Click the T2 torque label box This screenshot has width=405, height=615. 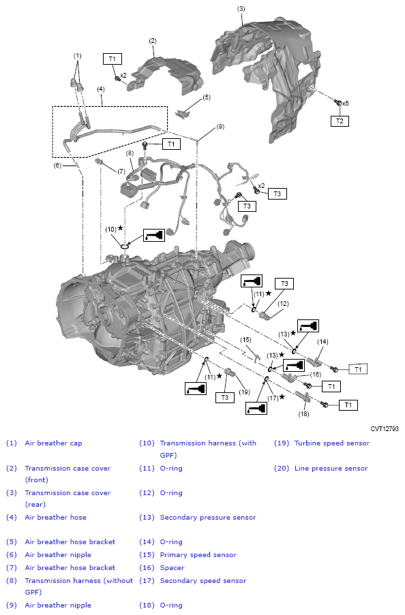tap(339, 121)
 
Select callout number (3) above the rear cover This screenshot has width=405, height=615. tap(241, 9)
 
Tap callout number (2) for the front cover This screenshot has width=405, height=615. tap(153, 41)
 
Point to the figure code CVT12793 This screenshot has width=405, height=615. tap(385, 429)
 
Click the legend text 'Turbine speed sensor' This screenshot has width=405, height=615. tap(331, 443)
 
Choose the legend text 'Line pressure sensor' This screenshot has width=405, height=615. tap(331, 469)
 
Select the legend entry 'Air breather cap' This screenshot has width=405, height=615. tap(53, 443)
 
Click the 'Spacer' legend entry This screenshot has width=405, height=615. tap(172, 567)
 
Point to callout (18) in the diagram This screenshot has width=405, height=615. tap(304, 413)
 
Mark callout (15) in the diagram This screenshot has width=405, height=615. tap(246, 339)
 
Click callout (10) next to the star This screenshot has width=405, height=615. tap(110, 229)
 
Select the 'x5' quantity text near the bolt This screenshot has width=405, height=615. tap(346, 104)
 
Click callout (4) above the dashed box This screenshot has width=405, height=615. tap(100, 89)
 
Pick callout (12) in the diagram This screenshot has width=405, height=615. tap(283, 303)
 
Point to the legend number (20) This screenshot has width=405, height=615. tap(282, 469)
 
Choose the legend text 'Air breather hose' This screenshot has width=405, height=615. tap(55, 518)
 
